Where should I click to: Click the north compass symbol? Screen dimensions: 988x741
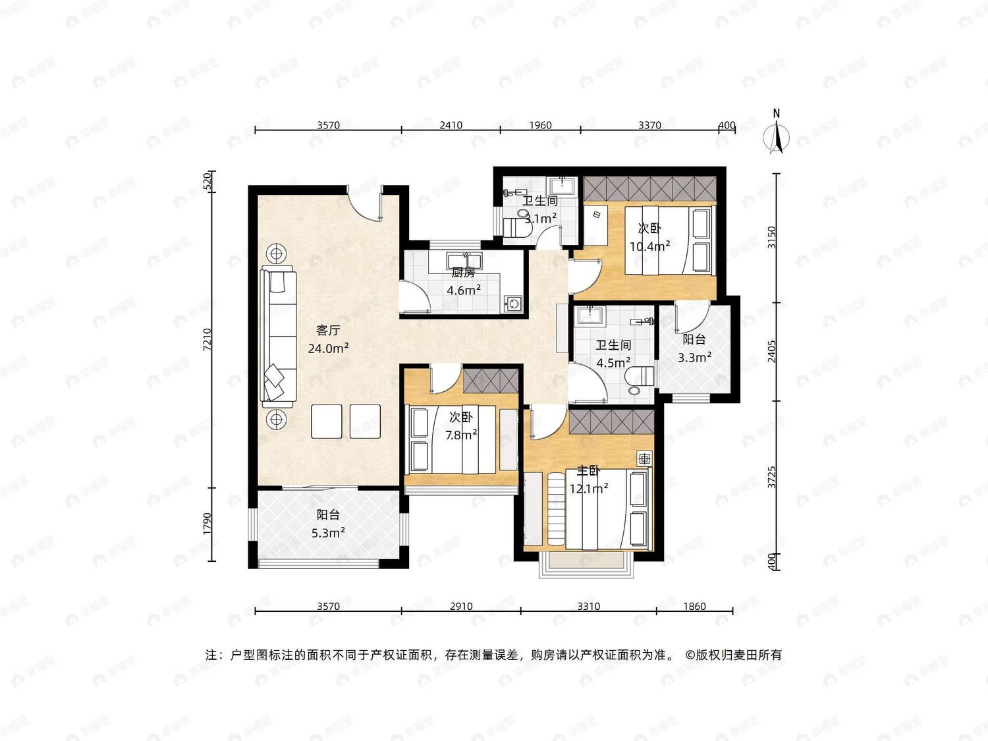777,134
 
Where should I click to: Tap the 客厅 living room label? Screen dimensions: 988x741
328,331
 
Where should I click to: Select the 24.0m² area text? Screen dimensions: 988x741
329,348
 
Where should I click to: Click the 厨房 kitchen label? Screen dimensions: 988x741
463,272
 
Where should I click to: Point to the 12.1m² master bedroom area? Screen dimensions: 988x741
589,488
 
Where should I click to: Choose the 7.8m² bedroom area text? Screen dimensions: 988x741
461,435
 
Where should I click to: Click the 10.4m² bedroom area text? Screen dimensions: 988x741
649,246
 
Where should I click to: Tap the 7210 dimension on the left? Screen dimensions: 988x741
207,340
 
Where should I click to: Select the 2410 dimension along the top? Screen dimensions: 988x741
451,125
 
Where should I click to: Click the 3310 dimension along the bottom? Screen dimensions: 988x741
589,606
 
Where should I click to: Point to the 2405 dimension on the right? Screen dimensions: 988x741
772,351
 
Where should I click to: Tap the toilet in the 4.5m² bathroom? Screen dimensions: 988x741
640,380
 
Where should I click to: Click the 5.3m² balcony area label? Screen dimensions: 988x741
328,533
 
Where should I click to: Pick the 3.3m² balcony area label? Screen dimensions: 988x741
694,357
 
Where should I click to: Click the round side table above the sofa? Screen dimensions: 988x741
277,254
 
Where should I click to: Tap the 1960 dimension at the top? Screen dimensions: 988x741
540,125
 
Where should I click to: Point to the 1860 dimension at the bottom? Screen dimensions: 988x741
694,606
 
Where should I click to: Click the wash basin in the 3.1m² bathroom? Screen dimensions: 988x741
563,186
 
